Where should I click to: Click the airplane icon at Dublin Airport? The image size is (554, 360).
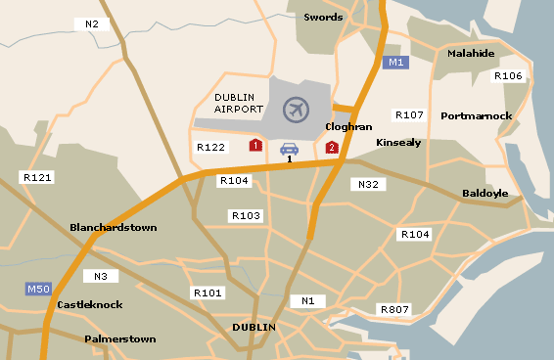(296, 110)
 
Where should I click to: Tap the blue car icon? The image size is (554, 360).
(289, 149)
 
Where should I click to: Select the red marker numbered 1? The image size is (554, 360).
(255, 146)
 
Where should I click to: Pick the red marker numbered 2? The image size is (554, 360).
(332, 148)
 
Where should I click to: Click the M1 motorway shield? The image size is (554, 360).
(394, 63)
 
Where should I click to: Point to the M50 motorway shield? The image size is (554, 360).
(38, 290)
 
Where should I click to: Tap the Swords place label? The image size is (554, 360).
(324, 17)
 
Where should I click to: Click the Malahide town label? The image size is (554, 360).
(471, 53)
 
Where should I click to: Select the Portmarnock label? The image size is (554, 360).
(477, 115)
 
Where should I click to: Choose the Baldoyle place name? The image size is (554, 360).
(485, 193)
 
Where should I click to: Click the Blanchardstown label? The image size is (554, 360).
(114, 227)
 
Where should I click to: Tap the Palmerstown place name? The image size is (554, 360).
(120, 338)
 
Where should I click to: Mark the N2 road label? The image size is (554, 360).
(92, 23)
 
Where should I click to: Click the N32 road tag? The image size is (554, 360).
(367, 184)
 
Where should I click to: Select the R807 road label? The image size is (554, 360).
(394, 310)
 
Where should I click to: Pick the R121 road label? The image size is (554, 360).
(36, 178)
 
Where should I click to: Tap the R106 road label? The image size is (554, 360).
(508, 75)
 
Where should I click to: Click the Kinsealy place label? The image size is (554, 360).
(398, 142)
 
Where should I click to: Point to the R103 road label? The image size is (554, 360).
(245, 215)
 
